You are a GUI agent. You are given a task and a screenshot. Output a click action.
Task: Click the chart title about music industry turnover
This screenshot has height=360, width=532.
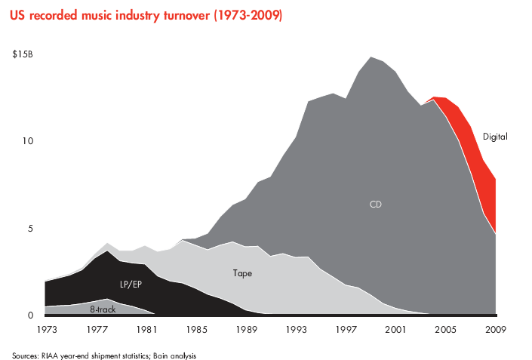[147, 15]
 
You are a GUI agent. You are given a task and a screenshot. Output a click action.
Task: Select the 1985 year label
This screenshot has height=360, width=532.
[196, 330]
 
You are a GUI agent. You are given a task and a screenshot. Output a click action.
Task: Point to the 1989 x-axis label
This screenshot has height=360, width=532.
[246, 330]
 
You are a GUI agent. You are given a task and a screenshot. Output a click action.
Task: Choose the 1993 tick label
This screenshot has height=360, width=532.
[296, 330]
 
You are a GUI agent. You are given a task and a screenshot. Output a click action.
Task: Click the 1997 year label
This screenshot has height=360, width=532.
[346, 330]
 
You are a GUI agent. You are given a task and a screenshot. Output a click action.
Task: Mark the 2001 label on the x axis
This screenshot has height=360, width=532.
[396, 330]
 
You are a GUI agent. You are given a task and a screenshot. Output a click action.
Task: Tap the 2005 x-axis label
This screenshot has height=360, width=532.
[446, 330]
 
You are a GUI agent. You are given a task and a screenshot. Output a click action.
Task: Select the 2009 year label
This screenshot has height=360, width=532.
[496, 330]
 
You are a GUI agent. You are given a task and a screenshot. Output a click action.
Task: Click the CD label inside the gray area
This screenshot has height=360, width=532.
[376, 204]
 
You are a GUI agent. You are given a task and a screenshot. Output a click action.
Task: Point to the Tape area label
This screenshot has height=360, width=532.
[241, 272]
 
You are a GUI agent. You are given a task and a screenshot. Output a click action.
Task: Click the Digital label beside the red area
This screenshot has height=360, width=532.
[495, 137]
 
